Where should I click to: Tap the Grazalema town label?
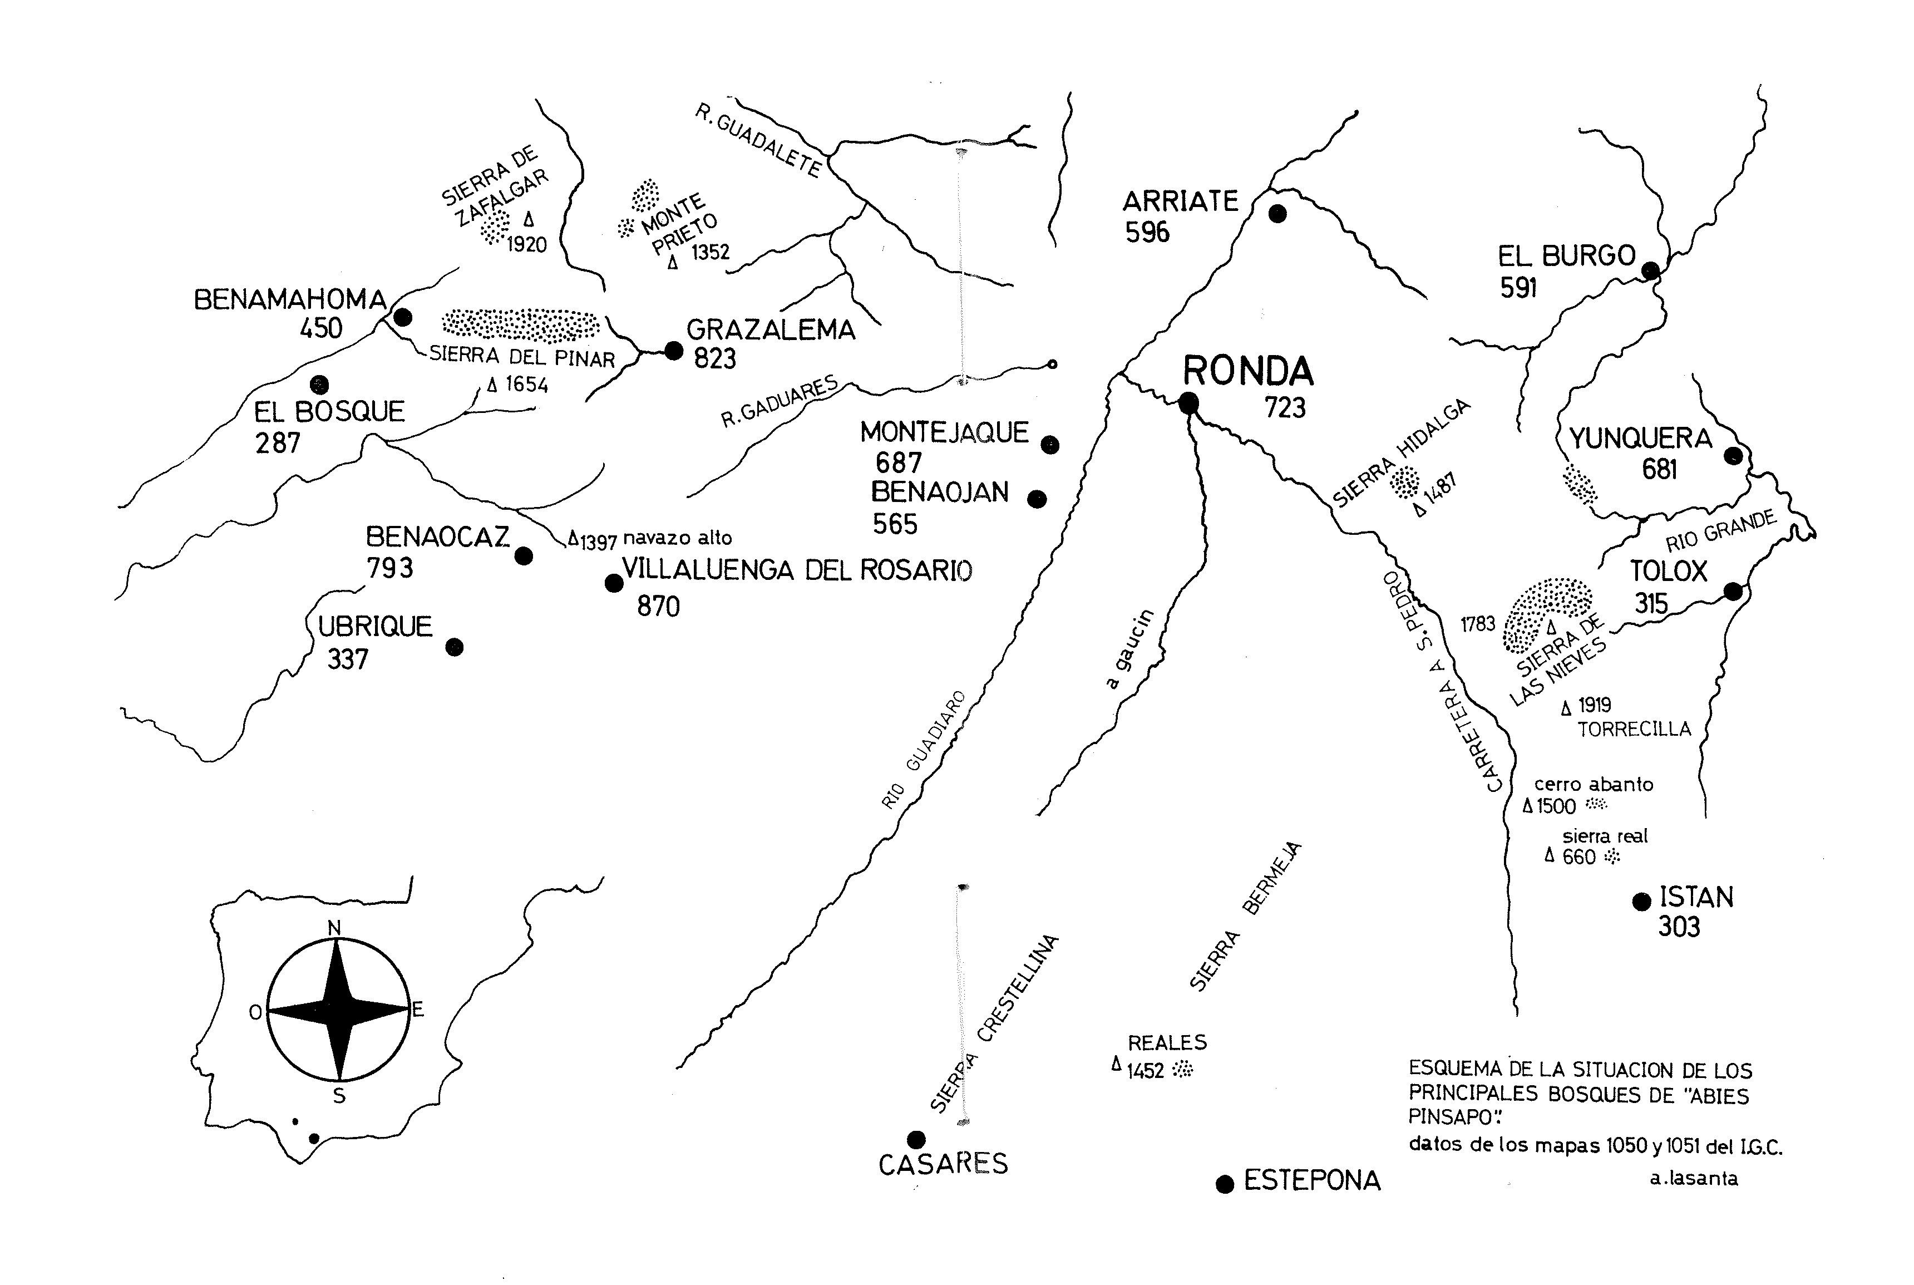point(770,329)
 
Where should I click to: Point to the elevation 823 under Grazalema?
point(714,359)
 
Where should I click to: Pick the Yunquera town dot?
point(1733,456)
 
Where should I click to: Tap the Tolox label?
point(1668,570)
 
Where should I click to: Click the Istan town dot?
point(1641,902)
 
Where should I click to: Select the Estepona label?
point(1312,1181)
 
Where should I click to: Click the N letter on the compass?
point(334,928)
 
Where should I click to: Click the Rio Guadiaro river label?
point(924,749)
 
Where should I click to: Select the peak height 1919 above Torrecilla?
point(1595,705)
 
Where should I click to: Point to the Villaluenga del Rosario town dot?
point(613,583)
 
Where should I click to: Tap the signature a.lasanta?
point(1694,1179)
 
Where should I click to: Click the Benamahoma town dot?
point(402,317)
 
